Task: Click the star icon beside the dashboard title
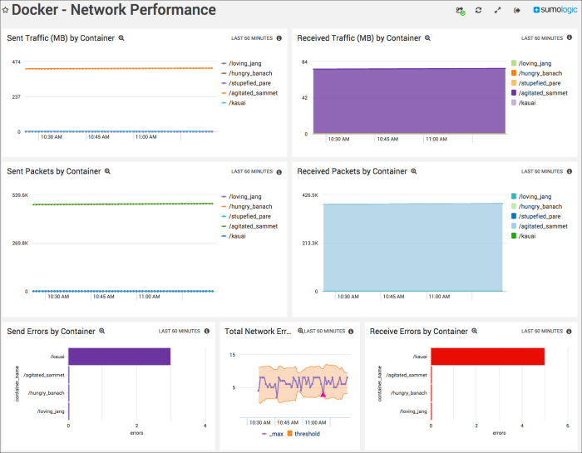click(6, 10)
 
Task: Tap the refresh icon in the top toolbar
click(478, 10)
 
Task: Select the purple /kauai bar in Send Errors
click(119, 357)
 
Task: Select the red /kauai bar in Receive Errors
click(487, 357)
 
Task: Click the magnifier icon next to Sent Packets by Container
click(107, 171)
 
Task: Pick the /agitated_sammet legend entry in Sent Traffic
click(253, 93)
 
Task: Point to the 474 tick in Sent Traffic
click(16, 62)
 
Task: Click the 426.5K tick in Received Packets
click(308, 195)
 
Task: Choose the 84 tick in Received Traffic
click(305, 62)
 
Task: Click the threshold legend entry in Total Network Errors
click(307, 433)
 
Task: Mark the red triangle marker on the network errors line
click(323, 394)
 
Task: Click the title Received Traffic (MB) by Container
click(359, 38)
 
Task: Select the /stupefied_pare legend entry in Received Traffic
click(539, 83)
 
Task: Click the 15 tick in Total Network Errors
click(233, 355)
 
